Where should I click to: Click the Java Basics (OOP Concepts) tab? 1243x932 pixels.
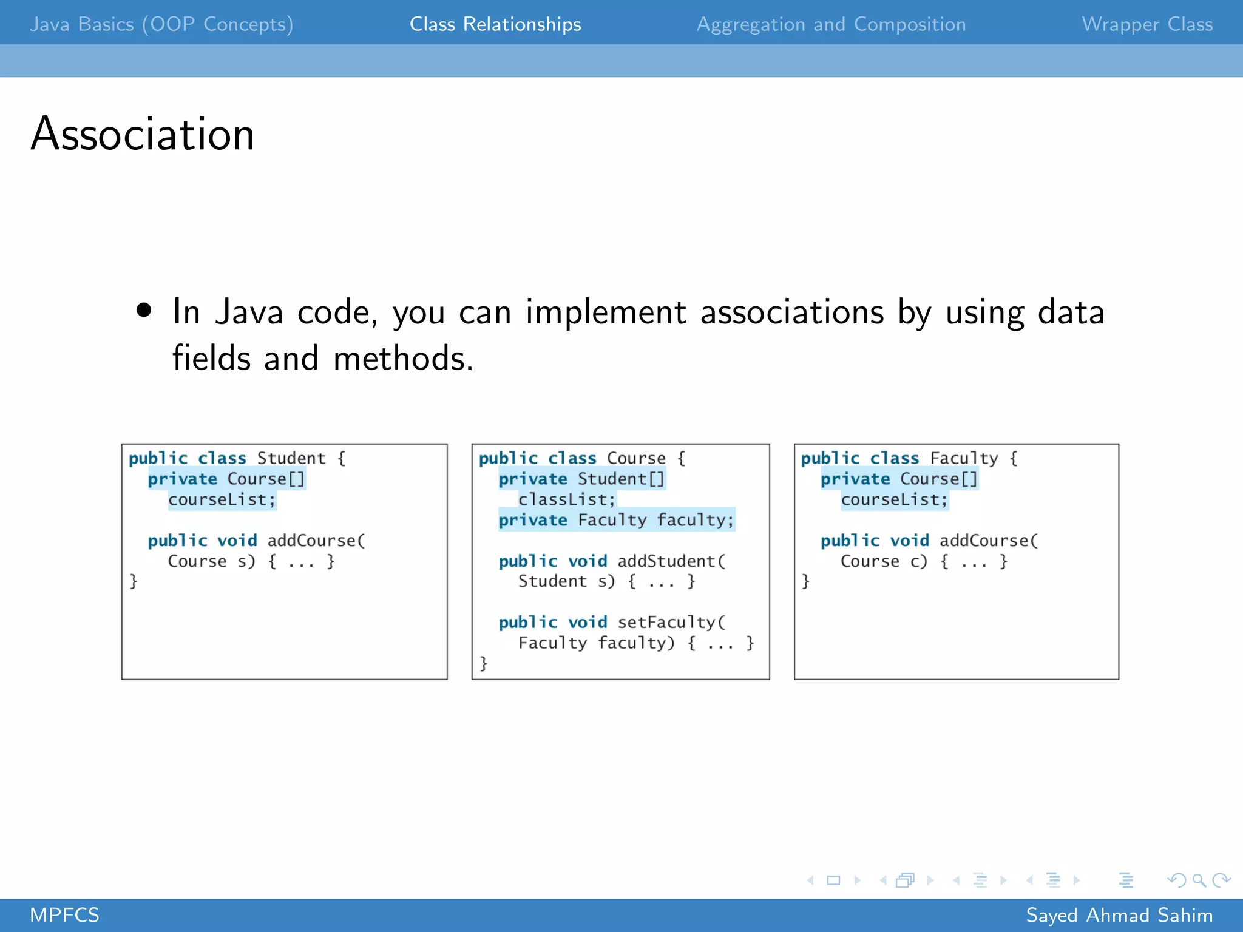click(161, 24)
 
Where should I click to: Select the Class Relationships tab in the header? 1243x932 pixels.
click(495, 24)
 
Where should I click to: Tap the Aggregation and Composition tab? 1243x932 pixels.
click(831, 24)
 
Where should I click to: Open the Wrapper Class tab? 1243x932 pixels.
click(1146, 24)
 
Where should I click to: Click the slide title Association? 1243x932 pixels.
click(143, 134)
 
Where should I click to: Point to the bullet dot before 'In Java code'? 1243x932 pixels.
click(144, 311)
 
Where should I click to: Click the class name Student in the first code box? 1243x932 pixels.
click(291, 458)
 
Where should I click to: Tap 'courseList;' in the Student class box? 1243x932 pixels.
click(222, 499)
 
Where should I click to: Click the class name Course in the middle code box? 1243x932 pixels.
click(636, 458)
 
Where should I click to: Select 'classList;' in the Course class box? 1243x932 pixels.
click(566, 499)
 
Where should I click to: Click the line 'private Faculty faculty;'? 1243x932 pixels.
click(616, 520)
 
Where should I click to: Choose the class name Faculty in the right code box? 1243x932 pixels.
click(964, 458)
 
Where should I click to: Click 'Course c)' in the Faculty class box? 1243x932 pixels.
click(884, 561)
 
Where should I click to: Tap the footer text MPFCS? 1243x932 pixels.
click(64, 915)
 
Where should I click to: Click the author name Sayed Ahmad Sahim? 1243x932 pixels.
click(1119, 915)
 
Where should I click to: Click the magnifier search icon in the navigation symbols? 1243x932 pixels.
click(1199, 880)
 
